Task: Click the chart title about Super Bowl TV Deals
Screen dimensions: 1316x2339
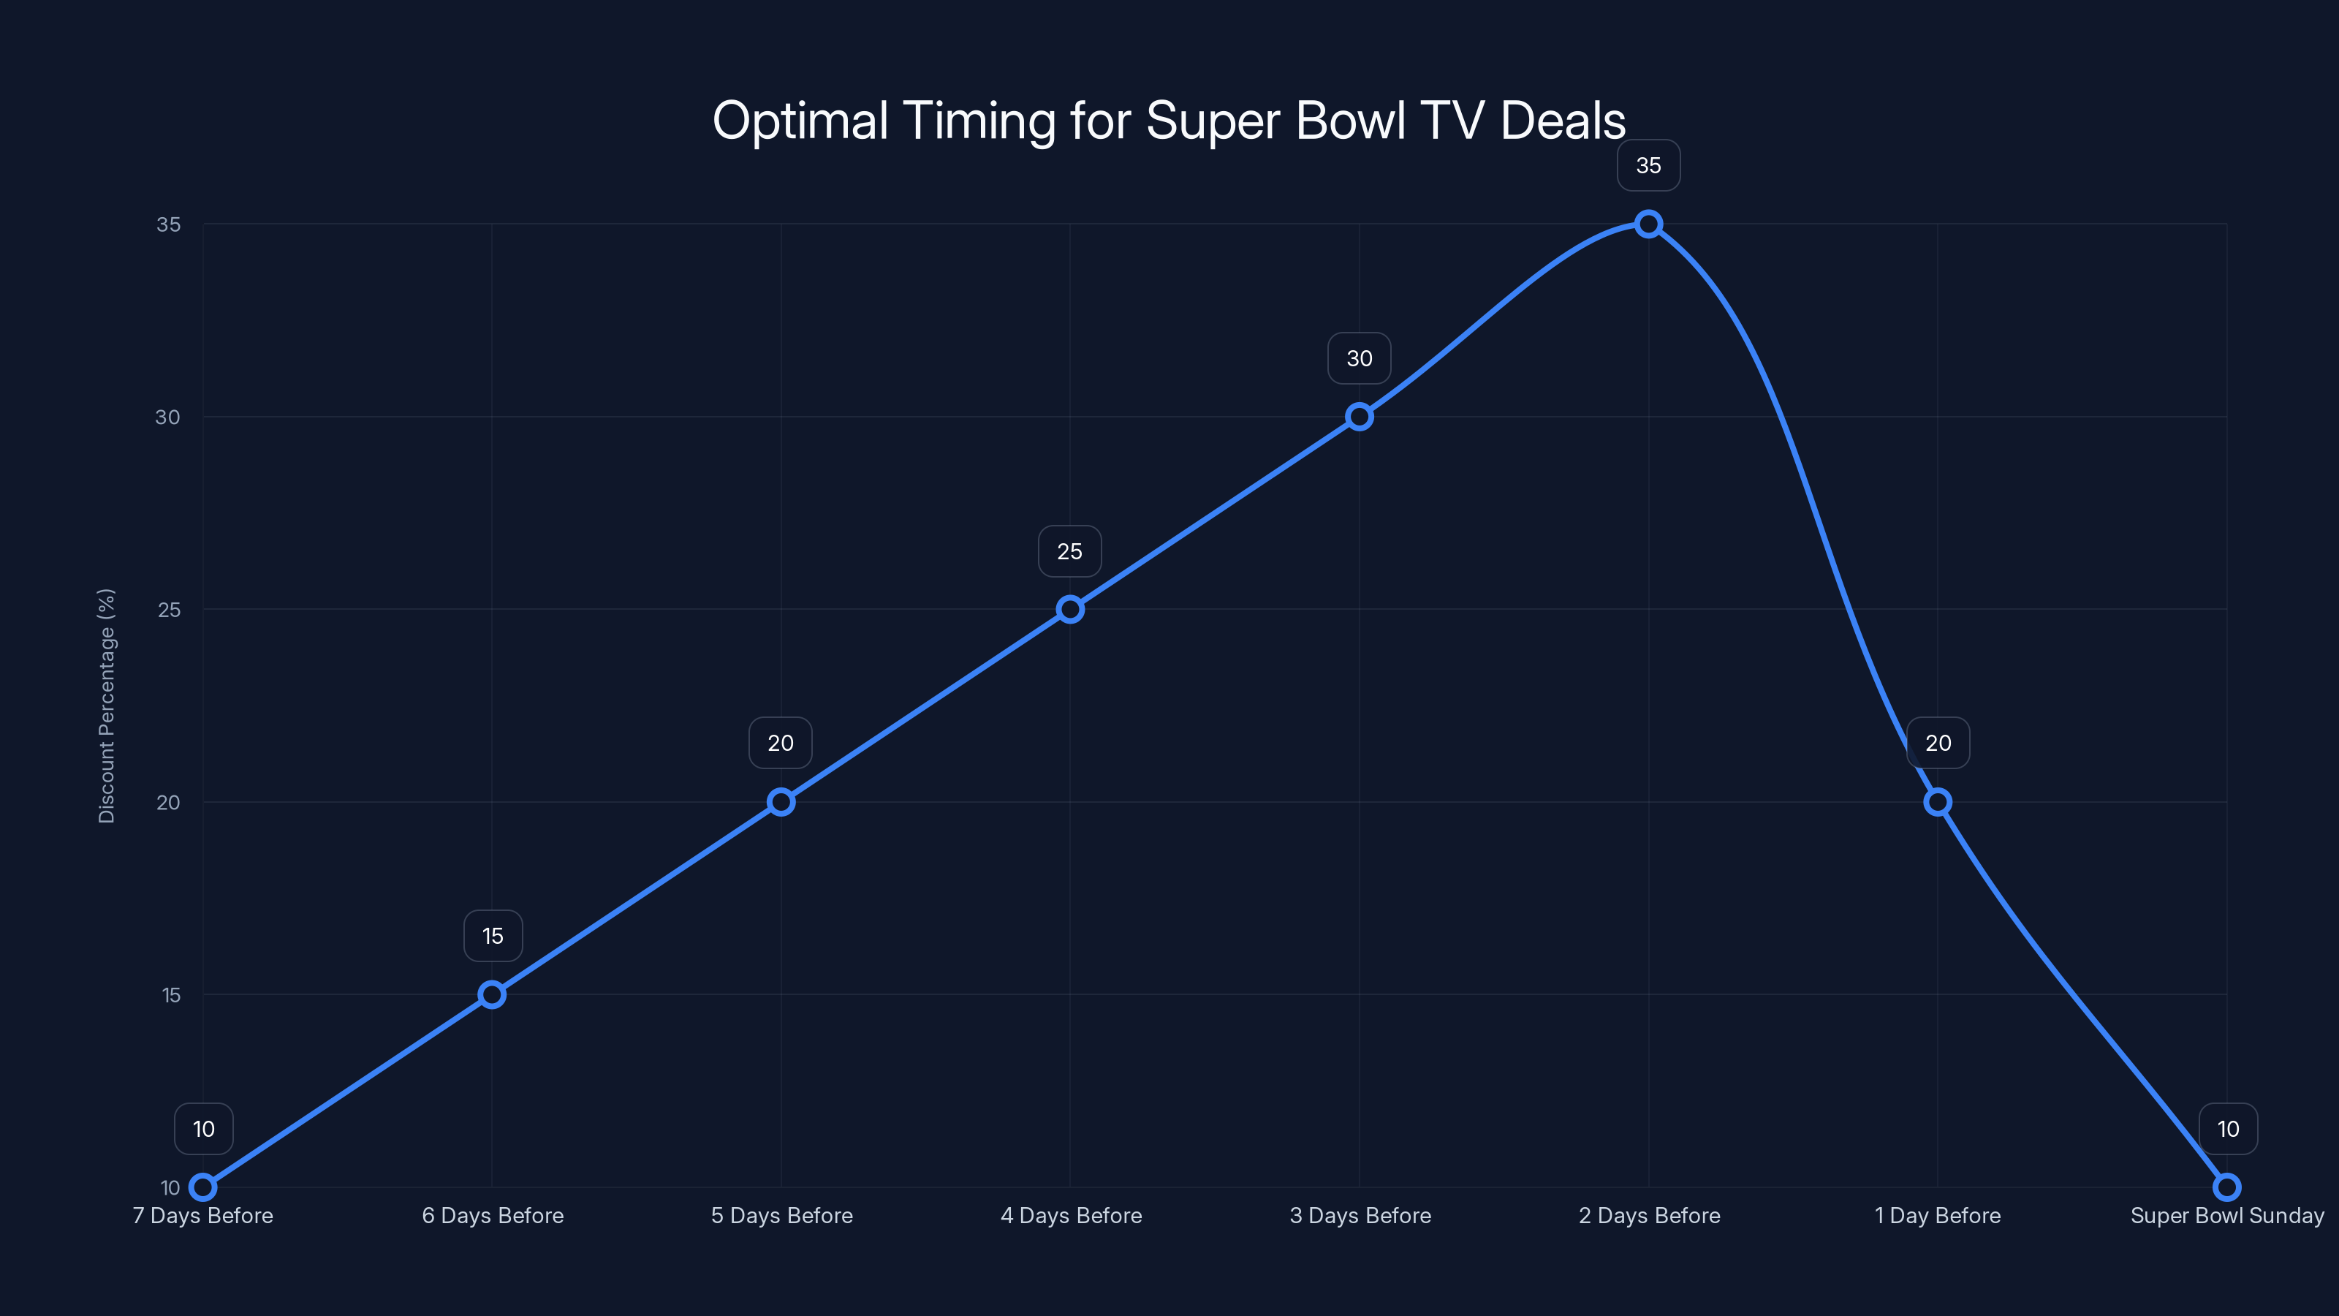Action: (x=1169, y=121)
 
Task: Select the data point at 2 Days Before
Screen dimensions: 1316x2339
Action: (x=1648, y=224)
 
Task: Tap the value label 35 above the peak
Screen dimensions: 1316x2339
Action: (x=1648, y=165)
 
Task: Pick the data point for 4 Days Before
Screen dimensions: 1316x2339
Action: (x=1069, y=610)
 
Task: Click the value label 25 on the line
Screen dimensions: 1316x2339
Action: (x=1069, y=551)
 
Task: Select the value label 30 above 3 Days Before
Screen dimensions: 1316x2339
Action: (x=1358, y=359)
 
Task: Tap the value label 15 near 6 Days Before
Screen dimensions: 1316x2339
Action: (x=492, y=937)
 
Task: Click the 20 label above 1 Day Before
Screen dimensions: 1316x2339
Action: (x=1938, y=743)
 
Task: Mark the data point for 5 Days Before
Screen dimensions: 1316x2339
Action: (x=781, y=802)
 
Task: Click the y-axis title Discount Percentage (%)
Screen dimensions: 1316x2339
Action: (x=106, y=706)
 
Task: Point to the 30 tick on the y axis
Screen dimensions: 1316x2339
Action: (x=168, y=417)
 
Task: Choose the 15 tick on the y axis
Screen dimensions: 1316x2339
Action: (x=171, y=994)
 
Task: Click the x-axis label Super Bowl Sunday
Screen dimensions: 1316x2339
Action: (x=2226, y=1215)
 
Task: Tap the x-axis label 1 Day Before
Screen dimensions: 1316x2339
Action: (x=1938, y=1215)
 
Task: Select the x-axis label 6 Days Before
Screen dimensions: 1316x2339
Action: (x=492, y=1215)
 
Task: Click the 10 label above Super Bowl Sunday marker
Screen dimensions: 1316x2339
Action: (x=2227, y=1129)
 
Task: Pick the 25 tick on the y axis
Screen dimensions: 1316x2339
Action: (x=169, y=610)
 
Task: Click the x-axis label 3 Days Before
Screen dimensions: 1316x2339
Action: (x=1360, y=1215)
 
